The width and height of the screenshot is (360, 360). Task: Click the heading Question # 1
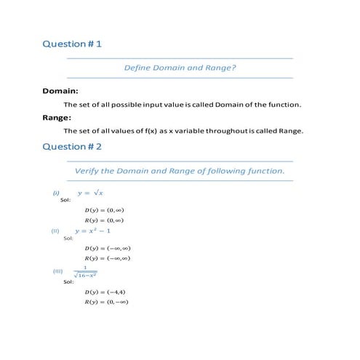pos(72,44)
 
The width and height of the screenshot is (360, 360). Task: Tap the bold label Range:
pos(57,117)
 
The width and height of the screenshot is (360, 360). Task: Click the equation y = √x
pos(91,193)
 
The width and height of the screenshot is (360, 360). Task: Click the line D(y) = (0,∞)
pos(103,211)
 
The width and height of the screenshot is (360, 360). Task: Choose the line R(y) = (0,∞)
pos(103,220)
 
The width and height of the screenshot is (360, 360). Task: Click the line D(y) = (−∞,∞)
pos(107,248)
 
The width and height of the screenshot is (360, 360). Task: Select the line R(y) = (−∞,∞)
pos(107,257)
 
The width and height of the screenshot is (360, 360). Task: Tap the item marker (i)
pos(55,193)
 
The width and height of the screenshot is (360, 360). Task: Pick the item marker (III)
pos(58,271)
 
